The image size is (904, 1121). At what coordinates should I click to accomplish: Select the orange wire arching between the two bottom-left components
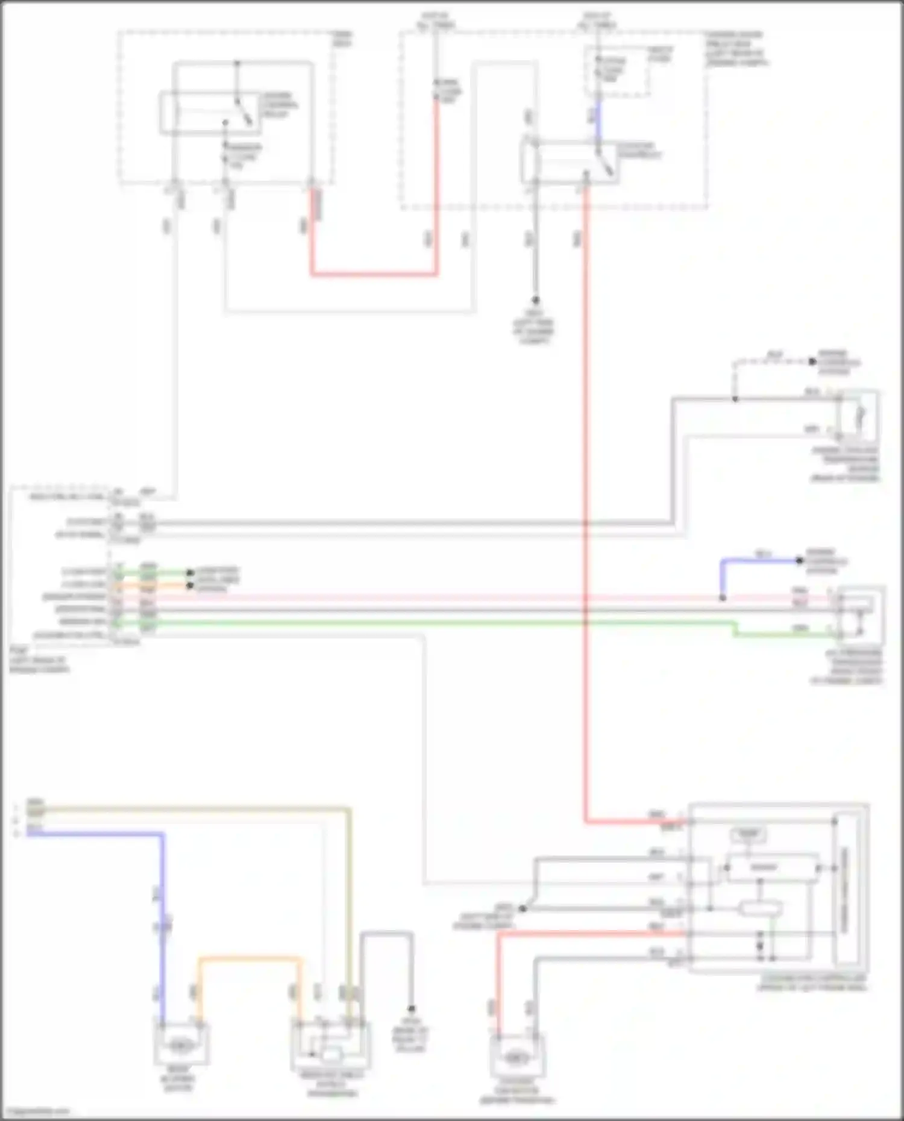248,958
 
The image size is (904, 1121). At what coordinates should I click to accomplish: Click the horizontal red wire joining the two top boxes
374,274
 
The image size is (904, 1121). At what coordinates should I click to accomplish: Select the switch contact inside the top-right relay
606,163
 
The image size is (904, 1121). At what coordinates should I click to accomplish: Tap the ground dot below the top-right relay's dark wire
535,300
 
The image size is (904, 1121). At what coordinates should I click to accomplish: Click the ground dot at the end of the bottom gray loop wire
412,1008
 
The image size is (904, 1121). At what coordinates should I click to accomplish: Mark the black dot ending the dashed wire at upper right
812,362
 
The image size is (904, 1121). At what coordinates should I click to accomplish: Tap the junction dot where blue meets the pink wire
723,598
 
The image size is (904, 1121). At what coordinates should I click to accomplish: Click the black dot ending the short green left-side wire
190,572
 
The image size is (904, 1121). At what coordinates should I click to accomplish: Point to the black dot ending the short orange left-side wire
190,585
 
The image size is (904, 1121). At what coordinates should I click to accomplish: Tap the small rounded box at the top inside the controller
748,834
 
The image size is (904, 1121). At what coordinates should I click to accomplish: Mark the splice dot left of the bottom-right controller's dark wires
523,908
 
